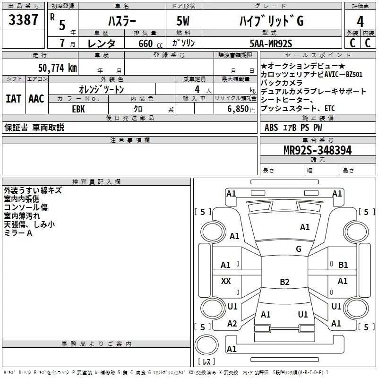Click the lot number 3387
23,20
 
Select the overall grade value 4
360,22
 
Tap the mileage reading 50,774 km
58,68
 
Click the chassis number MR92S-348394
318,150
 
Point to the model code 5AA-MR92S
271,43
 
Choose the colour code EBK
78,109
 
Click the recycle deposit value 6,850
238,109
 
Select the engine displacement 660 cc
150,43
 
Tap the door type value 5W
183,21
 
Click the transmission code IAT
13,99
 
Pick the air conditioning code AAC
36,99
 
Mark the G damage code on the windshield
299,249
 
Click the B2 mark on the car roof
284,282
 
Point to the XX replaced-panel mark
226,281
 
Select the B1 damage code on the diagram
343,265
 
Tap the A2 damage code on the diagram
232,324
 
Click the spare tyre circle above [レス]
206,345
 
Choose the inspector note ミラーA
18,233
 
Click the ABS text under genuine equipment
271,128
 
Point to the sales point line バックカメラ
282,83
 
